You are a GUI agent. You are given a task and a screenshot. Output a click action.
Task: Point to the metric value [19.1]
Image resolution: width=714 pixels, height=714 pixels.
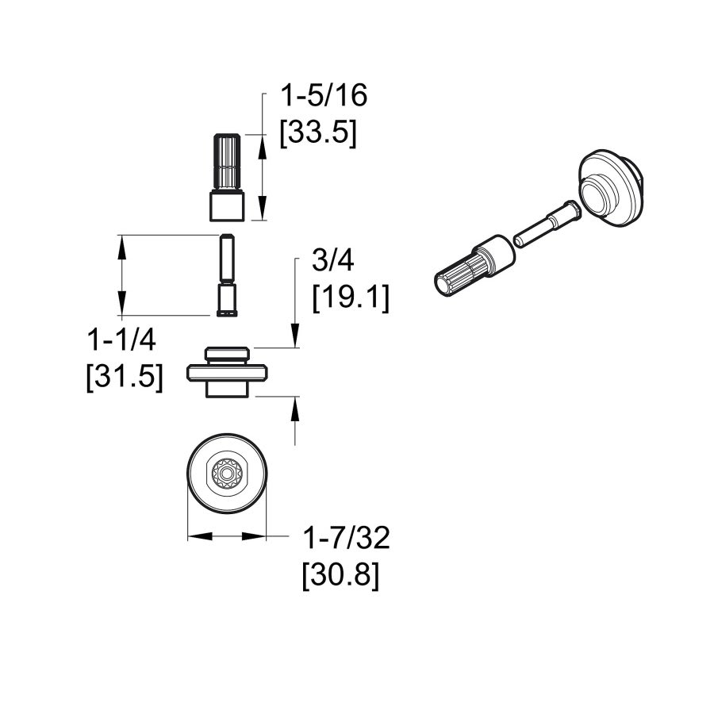click(351, 299)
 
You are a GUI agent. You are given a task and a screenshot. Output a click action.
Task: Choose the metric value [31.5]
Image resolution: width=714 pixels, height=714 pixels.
click(124, 377)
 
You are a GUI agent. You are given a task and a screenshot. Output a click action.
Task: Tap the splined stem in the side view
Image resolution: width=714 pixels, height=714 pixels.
click(226, 163)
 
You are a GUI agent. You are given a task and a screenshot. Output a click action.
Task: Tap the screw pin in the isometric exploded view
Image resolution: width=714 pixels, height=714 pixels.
click(548, 223)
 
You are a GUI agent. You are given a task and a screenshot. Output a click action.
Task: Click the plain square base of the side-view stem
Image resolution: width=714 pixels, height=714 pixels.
click(226, 206)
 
